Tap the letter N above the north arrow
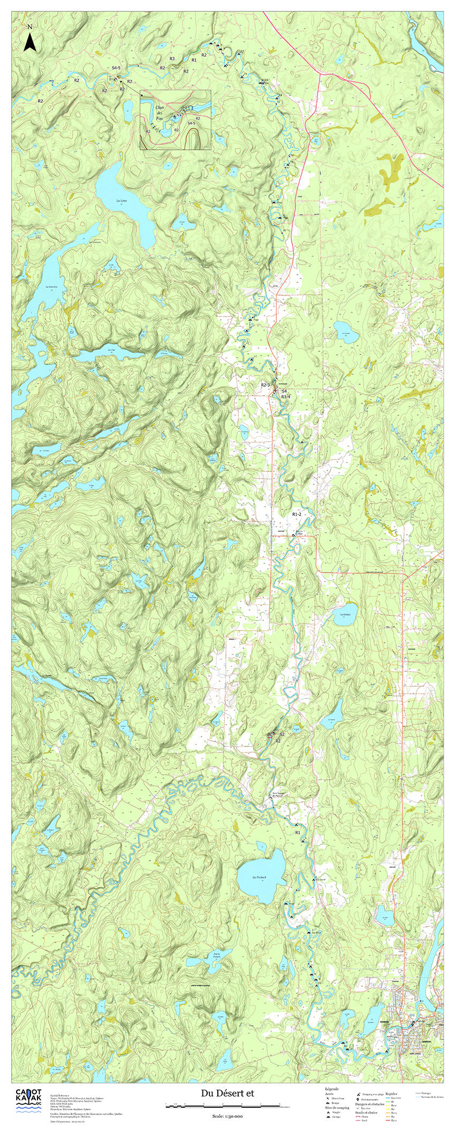click(x=30, y=26)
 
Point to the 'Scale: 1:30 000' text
click(x=227, y=1116)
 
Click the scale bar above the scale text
click(x=227, y=1105)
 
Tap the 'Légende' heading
click(x=332, y=1088)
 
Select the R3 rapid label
click(x=172, y=59)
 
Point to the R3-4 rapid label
click(x=285, y=396)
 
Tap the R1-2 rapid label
click(x=297, y=513)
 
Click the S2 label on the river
click(x=282, y=734)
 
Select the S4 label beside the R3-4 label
click(x=284, y=391)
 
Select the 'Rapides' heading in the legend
click(x=392, y=1088)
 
